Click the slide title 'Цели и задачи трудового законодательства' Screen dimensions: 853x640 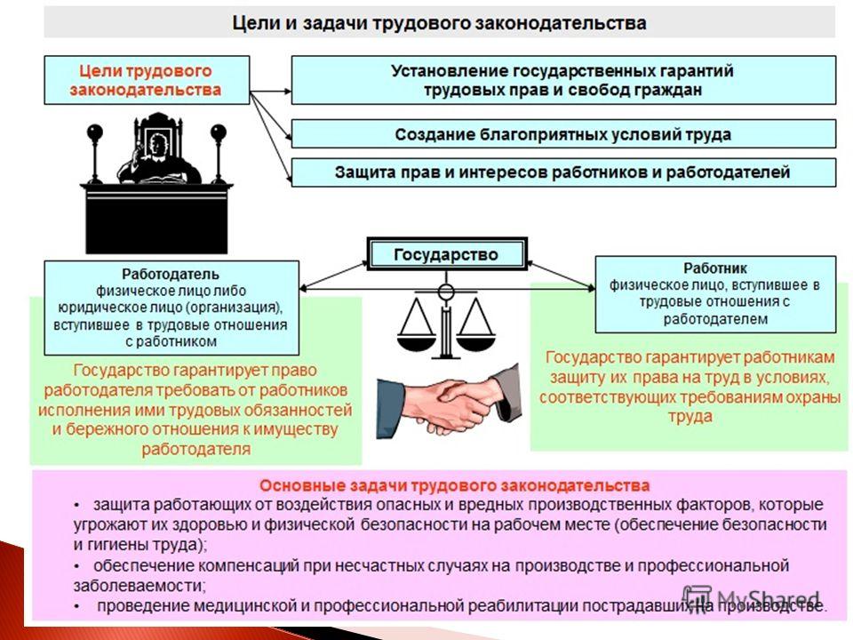click(439, 23)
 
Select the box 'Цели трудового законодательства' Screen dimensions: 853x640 click(147, 80)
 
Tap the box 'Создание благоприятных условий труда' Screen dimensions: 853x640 click(563, 134)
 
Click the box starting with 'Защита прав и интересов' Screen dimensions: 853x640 click(563, 172)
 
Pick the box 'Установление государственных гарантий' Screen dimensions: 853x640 click(563, 80)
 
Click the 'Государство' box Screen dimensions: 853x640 click(447, 254)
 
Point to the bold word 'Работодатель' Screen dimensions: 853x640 click(171, 274)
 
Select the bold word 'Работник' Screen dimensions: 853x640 click(715, 268)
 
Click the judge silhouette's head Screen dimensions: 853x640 click(158, 146)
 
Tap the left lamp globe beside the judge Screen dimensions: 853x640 click(95, 132)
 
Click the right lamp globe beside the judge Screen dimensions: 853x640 click(219, 132)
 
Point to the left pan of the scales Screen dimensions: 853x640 click(416, 343)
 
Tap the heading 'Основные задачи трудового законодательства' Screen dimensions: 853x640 click(454, 485)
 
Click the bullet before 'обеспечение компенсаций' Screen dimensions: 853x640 click(77, 566)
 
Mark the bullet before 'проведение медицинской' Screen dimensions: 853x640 click(77, 607)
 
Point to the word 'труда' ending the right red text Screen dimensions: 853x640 click(690, 417)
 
